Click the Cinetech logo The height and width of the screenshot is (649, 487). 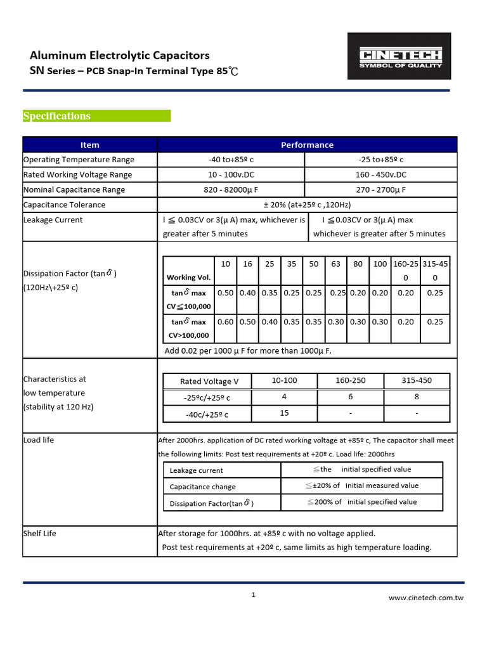coord(399,57)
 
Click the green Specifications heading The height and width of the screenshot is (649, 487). coord(57,116)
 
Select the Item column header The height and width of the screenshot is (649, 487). coord(89,145)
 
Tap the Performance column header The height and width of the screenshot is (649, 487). coord(307,145)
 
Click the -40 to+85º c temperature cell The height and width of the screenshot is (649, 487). coord(231,160)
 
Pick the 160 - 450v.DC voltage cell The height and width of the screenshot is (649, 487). coord(380,175)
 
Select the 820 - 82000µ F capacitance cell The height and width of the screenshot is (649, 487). coord(231,190)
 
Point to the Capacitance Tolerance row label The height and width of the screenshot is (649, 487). coord(64,205)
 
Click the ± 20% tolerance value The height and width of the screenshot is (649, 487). coord(307,205)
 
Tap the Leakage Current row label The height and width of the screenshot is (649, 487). coord(53,220)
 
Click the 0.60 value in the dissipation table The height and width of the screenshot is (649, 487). coord(225,322)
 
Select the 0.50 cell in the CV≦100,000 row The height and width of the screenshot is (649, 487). coord(225,293)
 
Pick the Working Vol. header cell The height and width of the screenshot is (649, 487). coord(189,278)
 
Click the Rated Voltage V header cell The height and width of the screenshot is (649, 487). coord(209,382)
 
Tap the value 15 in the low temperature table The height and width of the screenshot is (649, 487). coord(284,413)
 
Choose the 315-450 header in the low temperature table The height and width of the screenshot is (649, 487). coord(417,381)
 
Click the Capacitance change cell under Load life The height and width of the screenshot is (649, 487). coord(203,487)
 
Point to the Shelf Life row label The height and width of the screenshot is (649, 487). coord(40,534)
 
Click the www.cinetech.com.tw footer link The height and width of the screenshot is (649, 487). coord(425,598)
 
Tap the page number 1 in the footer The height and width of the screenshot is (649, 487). coord(253,594)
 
